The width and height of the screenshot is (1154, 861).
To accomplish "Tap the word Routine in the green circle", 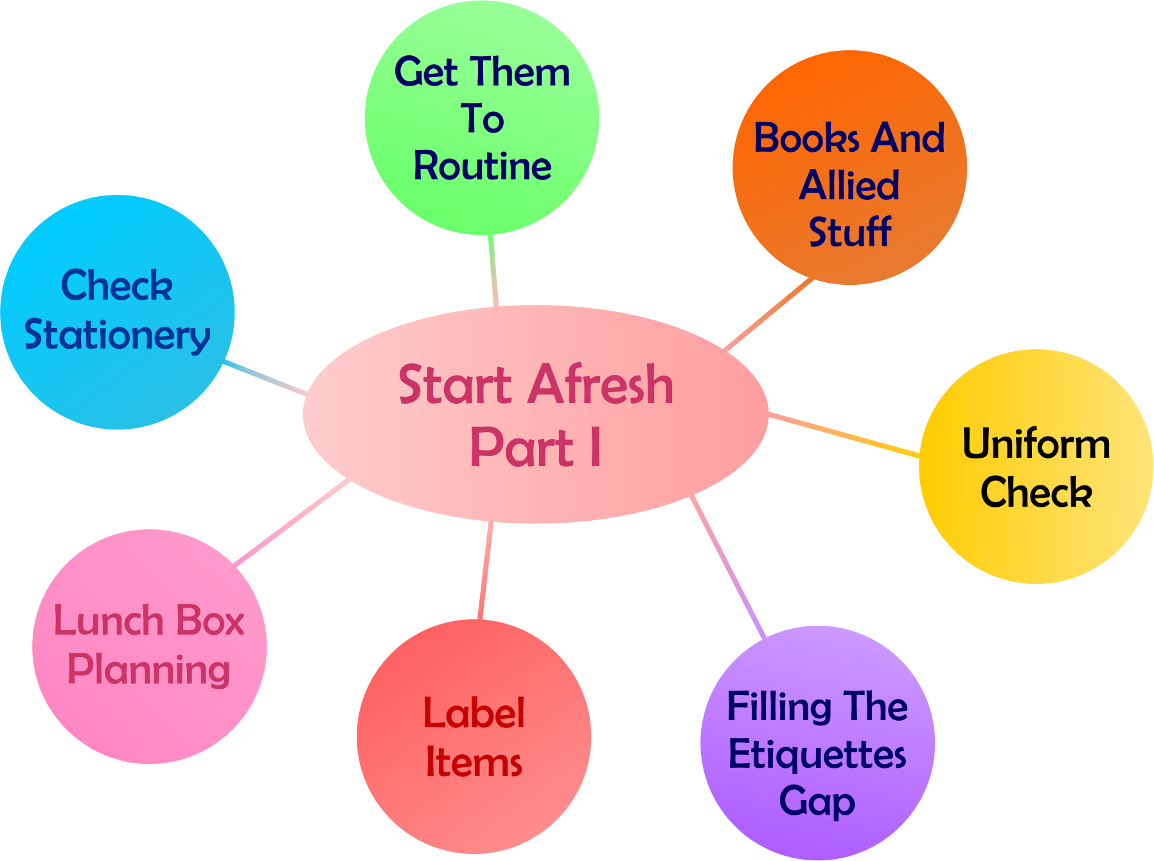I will point(482,167).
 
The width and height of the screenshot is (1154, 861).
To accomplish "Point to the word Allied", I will point(849,186).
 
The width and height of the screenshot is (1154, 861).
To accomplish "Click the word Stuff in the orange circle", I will point(849,232).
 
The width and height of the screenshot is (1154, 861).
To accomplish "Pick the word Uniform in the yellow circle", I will point(1036,444).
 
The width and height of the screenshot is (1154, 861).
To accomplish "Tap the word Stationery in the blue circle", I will point(117,335).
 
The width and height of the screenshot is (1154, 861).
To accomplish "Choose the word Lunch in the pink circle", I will point(109,621).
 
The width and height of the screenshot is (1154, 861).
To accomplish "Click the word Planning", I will point(148,670).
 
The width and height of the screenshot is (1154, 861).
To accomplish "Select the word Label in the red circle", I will point(474,714).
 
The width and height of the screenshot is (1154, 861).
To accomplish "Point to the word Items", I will point(474,763).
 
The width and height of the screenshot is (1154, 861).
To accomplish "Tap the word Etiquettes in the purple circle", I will point(817,754).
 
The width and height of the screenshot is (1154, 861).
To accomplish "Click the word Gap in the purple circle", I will point(817,802).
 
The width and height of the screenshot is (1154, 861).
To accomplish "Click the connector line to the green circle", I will point(493,270).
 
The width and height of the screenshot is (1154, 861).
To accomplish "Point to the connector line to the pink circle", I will point(292,522).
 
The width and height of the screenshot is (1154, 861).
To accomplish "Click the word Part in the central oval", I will point(521,448).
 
